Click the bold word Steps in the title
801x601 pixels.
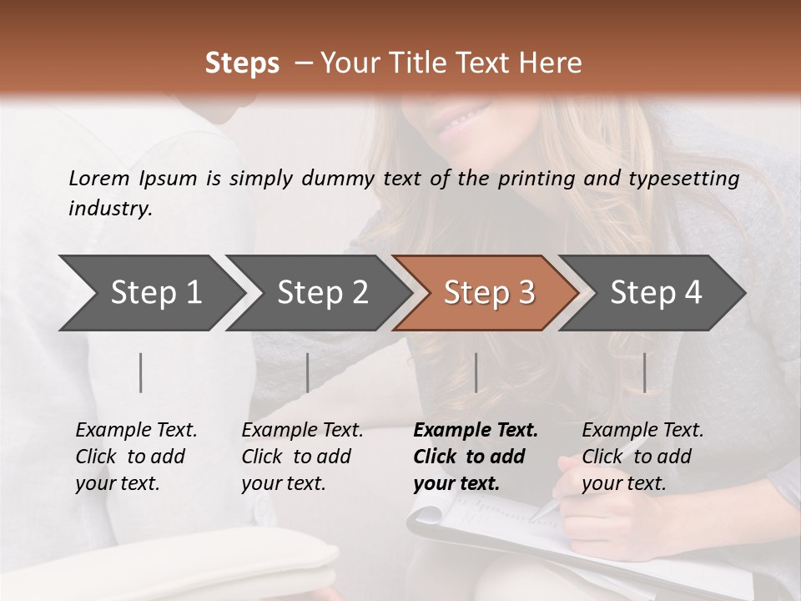242,63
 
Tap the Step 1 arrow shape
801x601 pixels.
150,293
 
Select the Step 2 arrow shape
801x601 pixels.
317,293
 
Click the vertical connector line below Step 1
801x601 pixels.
141,372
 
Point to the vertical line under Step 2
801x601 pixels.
308,372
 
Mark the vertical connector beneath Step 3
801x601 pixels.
476,372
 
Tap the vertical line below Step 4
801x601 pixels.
644,372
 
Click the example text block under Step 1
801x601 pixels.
136,457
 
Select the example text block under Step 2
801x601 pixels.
302,457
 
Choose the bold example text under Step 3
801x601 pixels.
476,457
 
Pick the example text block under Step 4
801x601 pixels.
642,457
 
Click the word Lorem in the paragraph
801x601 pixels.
99,178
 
